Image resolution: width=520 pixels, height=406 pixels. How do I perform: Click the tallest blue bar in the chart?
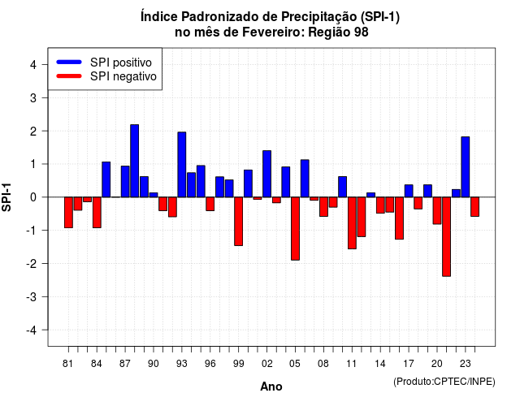(x=134, y=161)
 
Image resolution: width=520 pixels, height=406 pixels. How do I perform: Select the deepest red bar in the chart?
(x=446, y=236)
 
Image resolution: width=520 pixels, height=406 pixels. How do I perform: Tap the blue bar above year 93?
(x=182, y=165)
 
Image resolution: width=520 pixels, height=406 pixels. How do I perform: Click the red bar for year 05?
(x=295, y=229)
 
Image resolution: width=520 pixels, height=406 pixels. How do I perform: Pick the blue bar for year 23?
(x=466, y=167)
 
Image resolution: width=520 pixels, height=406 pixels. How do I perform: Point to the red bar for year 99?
(x=238, y=222)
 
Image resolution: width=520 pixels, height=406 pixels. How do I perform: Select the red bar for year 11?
(x=352, y=223)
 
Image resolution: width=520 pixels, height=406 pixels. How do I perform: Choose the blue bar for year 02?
(x=267, y=174)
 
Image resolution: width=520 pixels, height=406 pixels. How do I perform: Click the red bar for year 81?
(x=68, y=213)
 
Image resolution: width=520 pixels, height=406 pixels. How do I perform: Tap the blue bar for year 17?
(x=409, y=191)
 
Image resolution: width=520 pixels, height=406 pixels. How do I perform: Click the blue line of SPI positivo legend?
(x=69, y=62)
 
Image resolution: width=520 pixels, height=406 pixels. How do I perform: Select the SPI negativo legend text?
(x=123, y=76)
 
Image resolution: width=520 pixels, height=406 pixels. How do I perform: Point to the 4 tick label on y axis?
(x=33, y=65)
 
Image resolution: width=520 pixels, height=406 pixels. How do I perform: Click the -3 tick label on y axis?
(x=32, y=297)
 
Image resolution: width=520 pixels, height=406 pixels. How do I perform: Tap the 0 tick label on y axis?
(x=33, y=197)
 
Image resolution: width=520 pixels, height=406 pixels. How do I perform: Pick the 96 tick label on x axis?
(x=210, y=364)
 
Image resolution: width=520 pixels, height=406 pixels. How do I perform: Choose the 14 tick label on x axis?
(x=380, y=364)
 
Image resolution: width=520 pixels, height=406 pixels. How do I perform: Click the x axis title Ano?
(x=271, y=387)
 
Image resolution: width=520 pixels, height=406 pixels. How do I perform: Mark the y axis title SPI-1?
(x=6, y=197)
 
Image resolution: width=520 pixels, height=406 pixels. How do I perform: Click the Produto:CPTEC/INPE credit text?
(x=444, y=382)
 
